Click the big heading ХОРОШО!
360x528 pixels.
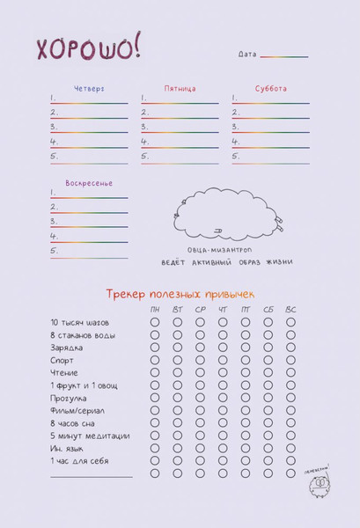click(88, 49)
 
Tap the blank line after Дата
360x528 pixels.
click(283, 55)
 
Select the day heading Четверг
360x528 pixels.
click(88, 89)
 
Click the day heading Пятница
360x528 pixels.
click(180, 89)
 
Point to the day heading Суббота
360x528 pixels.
click(270, 89)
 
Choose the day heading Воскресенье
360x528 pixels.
click(88, 183)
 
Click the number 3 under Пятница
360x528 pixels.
click(144, 127)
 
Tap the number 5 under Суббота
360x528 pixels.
click(236, 157)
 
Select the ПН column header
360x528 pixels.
click(155, 310)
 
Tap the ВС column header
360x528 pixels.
click(291, 310)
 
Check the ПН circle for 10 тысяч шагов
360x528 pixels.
click(155, 323)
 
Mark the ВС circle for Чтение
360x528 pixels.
click(291, 373)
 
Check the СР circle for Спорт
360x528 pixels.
click(201, 360)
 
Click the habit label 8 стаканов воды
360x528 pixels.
click(83, 335)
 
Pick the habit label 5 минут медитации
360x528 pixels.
click(90, 436)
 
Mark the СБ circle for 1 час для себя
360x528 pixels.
click(268, 460)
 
